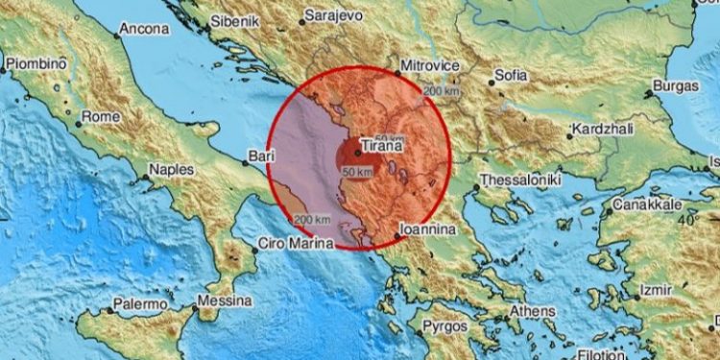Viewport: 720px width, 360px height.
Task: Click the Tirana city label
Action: (378, 152)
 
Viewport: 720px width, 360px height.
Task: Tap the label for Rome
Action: (101, 116)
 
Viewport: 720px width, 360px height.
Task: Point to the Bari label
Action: (256, 154)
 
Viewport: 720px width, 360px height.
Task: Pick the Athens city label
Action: (533, 311)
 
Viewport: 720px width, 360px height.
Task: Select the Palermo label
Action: (132, 304)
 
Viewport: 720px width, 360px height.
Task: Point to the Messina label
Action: (223, 301)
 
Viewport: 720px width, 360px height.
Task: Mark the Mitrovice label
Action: (428, 65)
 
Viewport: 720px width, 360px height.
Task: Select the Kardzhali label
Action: (601, 129)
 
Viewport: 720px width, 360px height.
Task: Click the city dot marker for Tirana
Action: (356, 150)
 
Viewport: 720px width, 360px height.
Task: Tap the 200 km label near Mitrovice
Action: (442, 90)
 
